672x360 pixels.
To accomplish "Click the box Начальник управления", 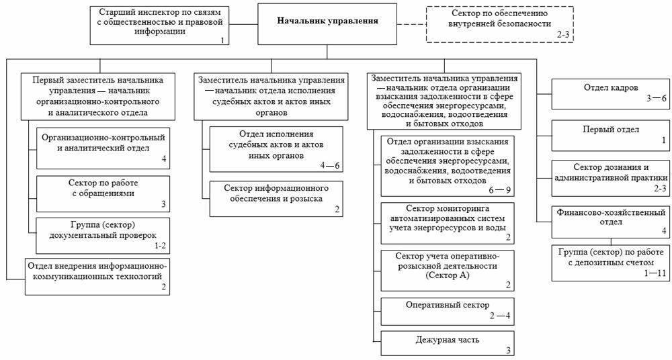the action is (327, 24).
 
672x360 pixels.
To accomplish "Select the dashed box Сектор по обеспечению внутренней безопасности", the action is (500, 24).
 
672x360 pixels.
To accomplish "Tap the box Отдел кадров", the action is (610, 94).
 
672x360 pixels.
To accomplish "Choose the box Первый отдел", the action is (610, 136).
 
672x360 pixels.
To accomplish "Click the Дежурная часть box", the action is (448, 343).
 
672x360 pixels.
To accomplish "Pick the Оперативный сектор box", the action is (448, 312).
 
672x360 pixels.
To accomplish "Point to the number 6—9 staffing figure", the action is (500, 190).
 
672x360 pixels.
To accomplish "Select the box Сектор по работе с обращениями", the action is (103, 193).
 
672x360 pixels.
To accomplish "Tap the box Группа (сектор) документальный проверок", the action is (103, 236).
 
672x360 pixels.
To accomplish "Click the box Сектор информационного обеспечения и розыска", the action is (276, 199).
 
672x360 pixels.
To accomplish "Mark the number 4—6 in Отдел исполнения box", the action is (329, 165).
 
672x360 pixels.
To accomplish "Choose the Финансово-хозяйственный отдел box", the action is (610, 222).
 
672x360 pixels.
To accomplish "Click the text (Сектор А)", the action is (448, 275).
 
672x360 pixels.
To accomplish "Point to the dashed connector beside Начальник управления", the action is (411, 24).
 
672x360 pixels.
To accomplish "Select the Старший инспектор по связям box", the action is (159, 25).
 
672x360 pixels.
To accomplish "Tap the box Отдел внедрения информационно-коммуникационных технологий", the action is (97, 277).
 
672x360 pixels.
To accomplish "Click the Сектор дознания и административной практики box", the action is (610, 178).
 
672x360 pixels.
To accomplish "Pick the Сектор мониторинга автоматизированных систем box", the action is (448, 223).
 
